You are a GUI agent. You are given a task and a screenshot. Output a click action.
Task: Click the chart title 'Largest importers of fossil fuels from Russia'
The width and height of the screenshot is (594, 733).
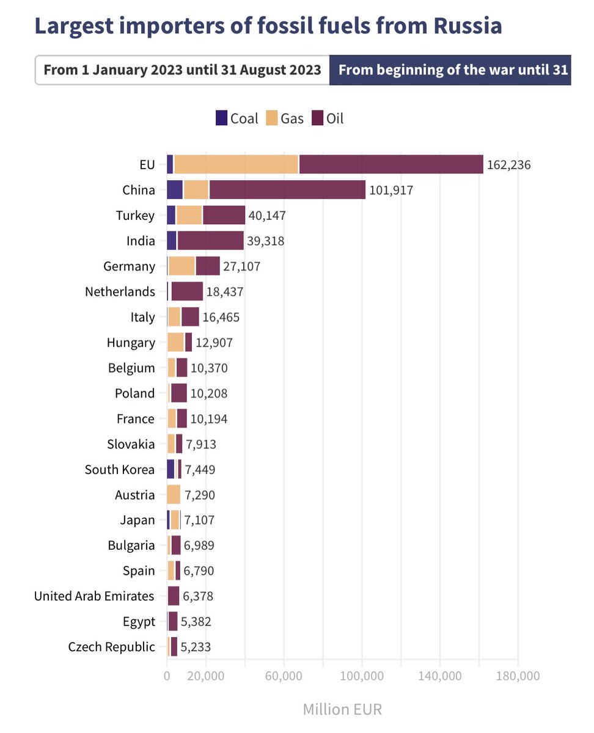(268, 26)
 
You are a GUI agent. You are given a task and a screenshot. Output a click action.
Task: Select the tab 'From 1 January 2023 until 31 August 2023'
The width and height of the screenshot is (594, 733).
(182, 70)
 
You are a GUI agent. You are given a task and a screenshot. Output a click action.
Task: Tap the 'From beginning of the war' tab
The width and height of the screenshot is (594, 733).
(450, 70)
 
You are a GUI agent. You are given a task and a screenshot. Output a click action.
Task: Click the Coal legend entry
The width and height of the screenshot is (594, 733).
(237, 118)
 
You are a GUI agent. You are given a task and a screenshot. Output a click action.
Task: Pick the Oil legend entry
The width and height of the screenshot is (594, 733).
(328, 118)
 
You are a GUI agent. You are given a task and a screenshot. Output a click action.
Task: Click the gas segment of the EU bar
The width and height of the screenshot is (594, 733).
(236, 164)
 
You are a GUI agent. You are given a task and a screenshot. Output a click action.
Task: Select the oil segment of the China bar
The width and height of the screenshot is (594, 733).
(287, 190)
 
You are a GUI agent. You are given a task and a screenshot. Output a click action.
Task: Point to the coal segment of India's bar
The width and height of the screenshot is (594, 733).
(171, 241)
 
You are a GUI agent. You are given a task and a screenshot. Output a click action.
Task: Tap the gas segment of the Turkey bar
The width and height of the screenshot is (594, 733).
(189, 215)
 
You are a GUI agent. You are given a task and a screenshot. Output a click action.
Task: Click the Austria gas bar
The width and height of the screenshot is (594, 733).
(174, 494)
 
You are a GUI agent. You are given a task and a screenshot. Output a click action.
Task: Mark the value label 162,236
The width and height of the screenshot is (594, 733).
(508, 165)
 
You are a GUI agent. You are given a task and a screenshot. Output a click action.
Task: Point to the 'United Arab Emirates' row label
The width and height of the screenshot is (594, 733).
(94, 596)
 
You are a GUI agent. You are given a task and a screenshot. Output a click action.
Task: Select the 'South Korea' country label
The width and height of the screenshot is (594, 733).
(120, 469)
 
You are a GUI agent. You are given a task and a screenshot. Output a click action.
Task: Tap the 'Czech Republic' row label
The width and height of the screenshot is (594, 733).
(112, 647)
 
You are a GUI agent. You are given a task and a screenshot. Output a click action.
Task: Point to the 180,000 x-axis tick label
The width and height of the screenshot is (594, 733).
(518, 676)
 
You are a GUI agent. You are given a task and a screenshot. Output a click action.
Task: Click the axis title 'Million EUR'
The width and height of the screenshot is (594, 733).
(342, 709)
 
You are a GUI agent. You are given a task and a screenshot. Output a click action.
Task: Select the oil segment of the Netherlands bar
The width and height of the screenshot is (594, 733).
(187, 291)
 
